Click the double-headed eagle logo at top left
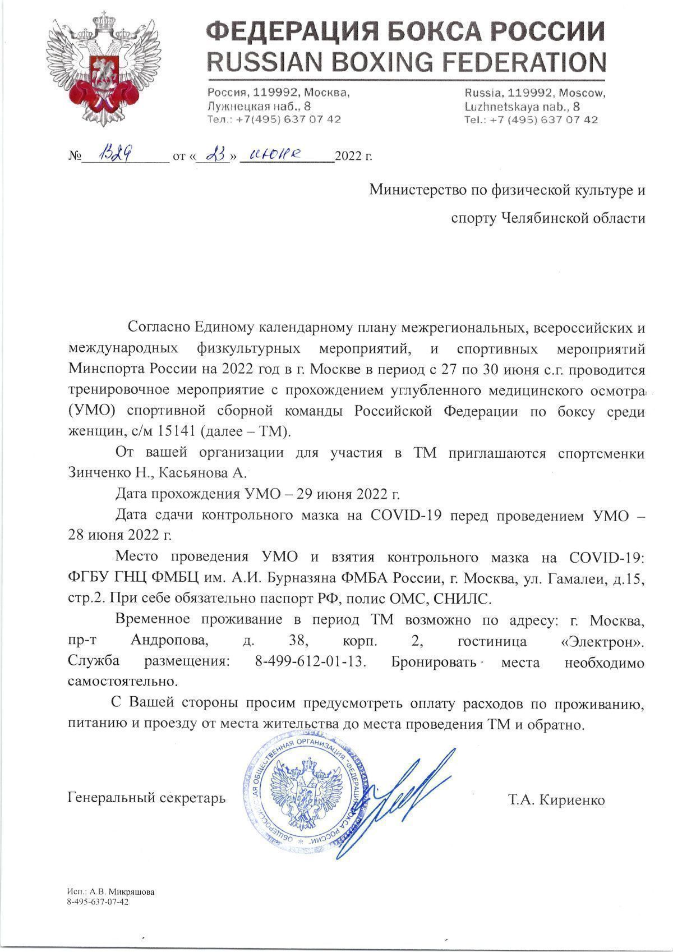(x=100, y=70)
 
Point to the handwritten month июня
(x=276, y=154)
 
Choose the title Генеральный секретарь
(x=146, y=797)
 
